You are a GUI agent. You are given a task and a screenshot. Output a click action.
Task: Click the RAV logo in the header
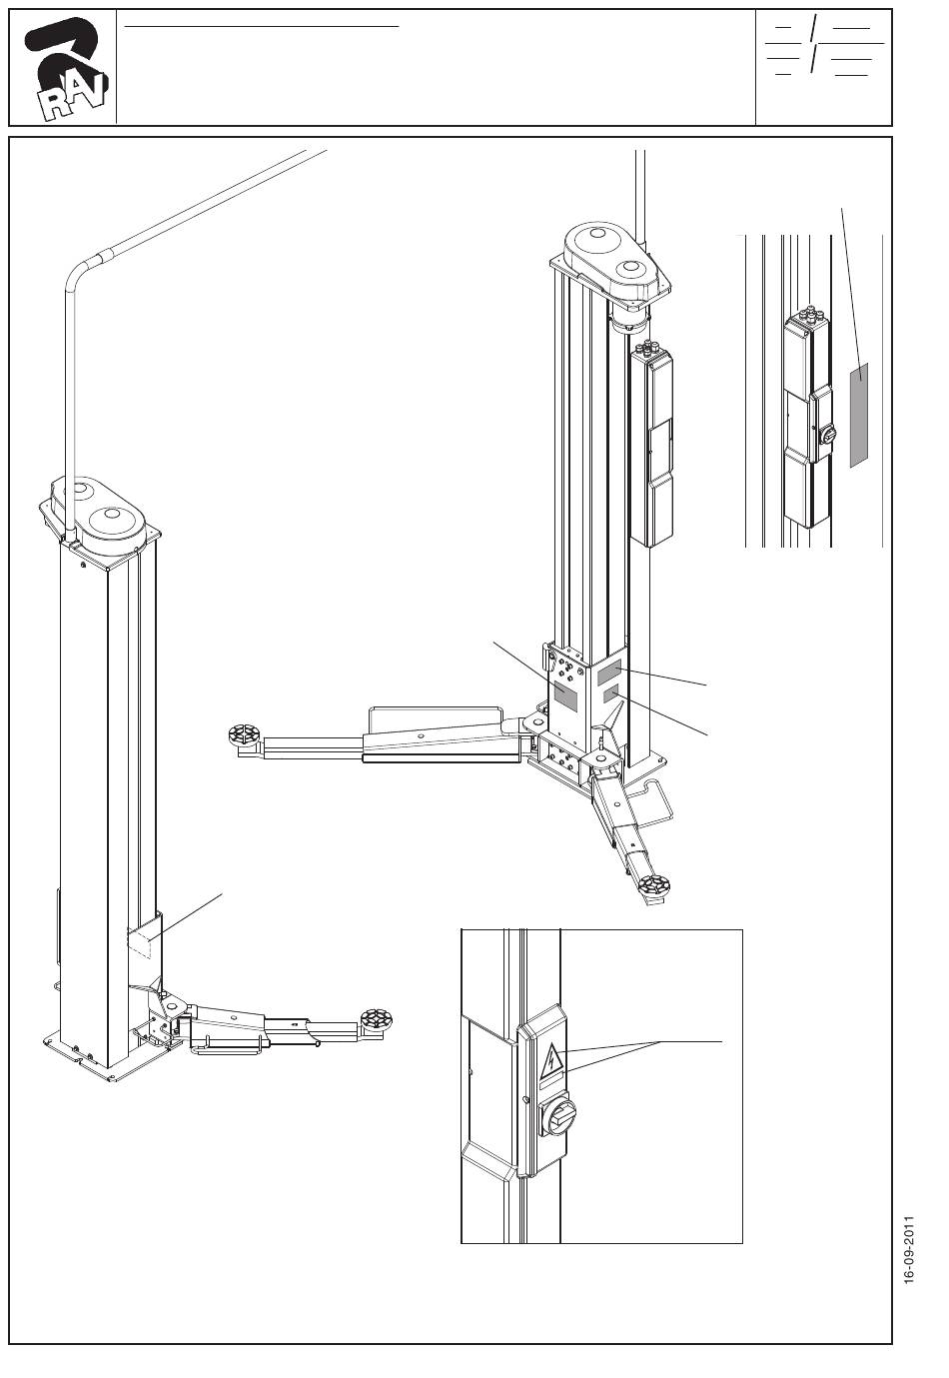click(66, 68)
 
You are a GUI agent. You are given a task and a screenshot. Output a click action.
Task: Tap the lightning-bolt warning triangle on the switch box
click(552, 1061)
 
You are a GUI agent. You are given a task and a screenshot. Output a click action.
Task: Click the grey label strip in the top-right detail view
click(858, 415)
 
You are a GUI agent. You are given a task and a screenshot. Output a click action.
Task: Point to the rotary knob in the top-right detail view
click(828, 434)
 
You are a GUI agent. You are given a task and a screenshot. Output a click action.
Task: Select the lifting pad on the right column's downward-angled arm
click(653, 886)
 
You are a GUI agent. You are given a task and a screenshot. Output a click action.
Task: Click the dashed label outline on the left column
click(140, 942)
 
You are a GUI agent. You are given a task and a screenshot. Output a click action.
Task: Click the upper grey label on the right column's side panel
click(608, 673)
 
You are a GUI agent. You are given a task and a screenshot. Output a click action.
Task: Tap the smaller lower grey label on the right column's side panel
click(610, 695)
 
